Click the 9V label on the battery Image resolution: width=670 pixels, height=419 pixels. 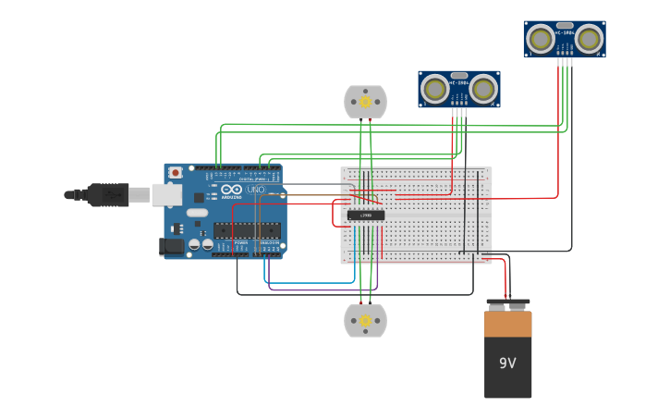tap(507, 364)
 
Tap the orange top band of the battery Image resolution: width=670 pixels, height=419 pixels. tap(508, 324)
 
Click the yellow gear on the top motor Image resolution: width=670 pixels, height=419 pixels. tap(365, 101)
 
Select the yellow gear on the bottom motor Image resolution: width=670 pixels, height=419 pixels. tap(365, 321)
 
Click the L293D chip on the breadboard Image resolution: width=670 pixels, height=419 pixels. tap(366, 216)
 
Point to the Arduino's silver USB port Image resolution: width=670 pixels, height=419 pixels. tap(166, 194)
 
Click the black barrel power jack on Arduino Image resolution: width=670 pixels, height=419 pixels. tap(171, 246)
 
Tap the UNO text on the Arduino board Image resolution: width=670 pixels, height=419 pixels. tap(256, 190)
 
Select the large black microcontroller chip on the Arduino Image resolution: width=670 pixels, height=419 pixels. tap(247, 230)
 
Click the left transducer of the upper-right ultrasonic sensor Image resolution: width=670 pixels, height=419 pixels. tap(541, 39)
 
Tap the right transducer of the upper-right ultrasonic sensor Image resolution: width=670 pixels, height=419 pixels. tap(589, 39)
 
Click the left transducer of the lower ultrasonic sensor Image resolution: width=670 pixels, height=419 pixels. tap(434, 89)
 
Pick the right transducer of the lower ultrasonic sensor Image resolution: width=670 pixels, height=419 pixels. tap(482, 89)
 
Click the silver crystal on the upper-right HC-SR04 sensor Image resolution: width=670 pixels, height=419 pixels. tap(565, 26)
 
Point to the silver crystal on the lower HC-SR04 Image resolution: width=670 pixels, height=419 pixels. tap(458, 76)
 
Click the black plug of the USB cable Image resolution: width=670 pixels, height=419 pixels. tap(106, 194)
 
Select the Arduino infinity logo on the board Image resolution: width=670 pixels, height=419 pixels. tap(231, 190)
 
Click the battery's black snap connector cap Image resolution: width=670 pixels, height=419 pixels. tap(508, 304)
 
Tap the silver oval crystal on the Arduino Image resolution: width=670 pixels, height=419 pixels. tap(197, 213)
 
